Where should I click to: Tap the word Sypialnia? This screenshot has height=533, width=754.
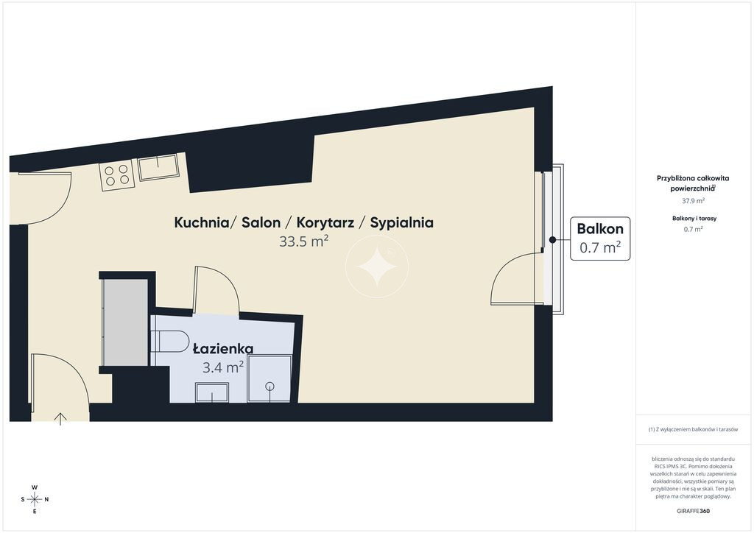pyautogui.click(x=401, y=223)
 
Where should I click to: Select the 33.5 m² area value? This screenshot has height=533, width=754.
pyautogui.click(x=304, y=241)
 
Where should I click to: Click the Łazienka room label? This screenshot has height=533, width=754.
pyautogui.click(x=223, y=348)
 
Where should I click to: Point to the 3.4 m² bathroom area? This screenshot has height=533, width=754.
pyautogui.click(x=223, y=367)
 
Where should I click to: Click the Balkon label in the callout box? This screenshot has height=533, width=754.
pyautogui.click(x=600, y=229)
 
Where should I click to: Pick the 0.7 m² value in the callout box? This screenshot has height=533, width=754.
pyautogui.click(x=600, y=247)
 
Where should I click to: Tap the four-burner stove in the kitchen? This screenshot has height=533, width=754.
pyautogui.click(x=117, y=175)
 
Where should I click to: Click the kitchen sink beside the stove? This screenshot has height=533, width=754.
pyautogui.click(x=158, y=167)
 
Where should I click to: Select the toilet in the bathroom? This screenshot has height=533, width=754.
pyautogui.click(x=171, y=342)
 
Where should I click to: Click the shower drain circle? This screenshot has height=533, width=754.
pyautogui.click(x=269, y=386)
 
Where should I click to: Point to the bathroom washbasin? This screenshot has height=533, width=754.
pyautogui.click(x=212, y=392)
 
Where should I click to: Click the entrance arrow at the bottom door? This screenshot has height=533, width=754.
pyautogui.click(x=60, y=419)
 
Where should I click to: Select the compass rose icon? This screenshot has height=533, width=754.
pyautogui.click(x=35, y=499)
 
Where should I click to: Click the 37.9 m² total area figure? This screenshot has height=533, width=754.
pyautogui.click(x=694, y=201)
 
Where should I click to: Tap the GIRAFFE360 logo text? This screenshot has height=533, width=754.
pyautogui.click(x=693, y=511)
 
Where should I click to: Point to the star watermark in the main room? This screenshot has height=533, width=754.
pyautogui.click(x=378, y=266)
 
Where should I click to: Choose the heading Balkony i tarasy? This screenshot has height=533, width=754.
pyautogui.click(x=694, y=218)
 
